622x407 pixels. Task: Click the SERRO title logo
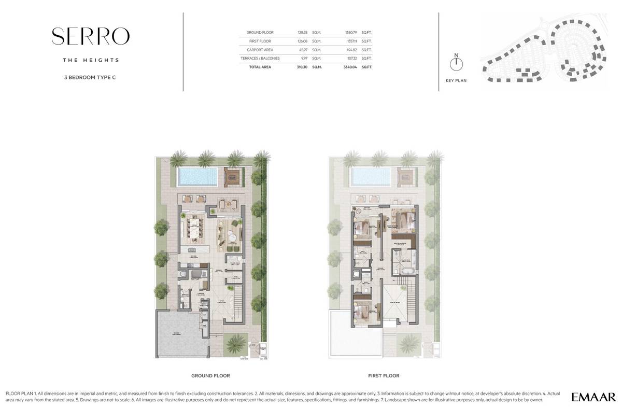click(91, 36)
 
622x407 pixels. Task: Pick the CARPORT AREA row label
click(253, 50)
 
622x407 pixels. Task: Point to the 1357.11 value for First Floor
click(351, 41)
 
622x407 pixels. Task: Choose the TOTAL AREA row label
click(260, 67)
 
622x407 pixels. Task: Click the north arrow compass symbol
click(456, 64)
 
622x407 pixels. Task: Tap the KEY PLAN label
click(456, 81)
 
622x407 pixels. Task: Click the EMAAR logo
click(593, 397)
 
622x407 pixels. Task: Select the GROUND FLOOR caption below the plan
click(210, 375)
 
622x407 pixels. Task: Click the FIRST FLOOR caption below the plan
click(384, 375)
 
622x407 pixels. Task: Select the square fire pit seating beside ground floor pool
click(232, 177)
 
